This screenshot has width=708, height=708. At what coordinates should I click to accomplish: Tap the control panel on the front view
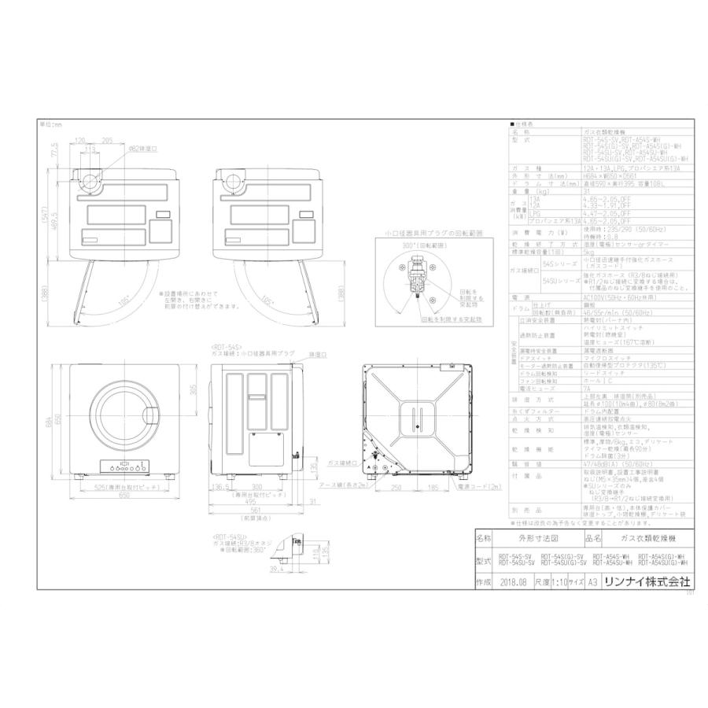click(125, 466)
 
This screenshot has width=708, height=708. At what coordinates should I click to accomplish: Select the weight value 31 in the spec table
click(588, 190)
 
